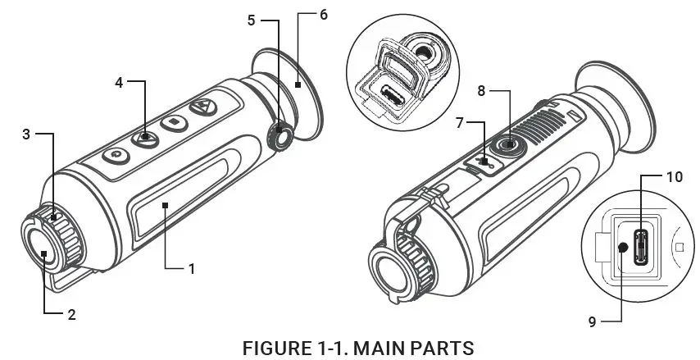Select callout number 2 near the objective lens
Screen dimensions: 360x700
click(x=71, y=313)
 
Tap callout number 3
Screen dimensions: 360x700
click(x=26, y=134)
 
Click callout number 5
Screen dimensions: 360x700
click(x=252, y=17)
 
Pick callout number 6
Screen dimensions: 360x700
click(x=324, y=16)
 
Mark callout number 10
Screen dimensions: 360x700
click(x=674, y=175)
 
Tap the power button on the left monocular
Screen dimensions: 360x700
click(x=116, y=154)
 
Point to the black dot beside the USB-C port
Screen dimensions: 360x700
click(x=622, y=247)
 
